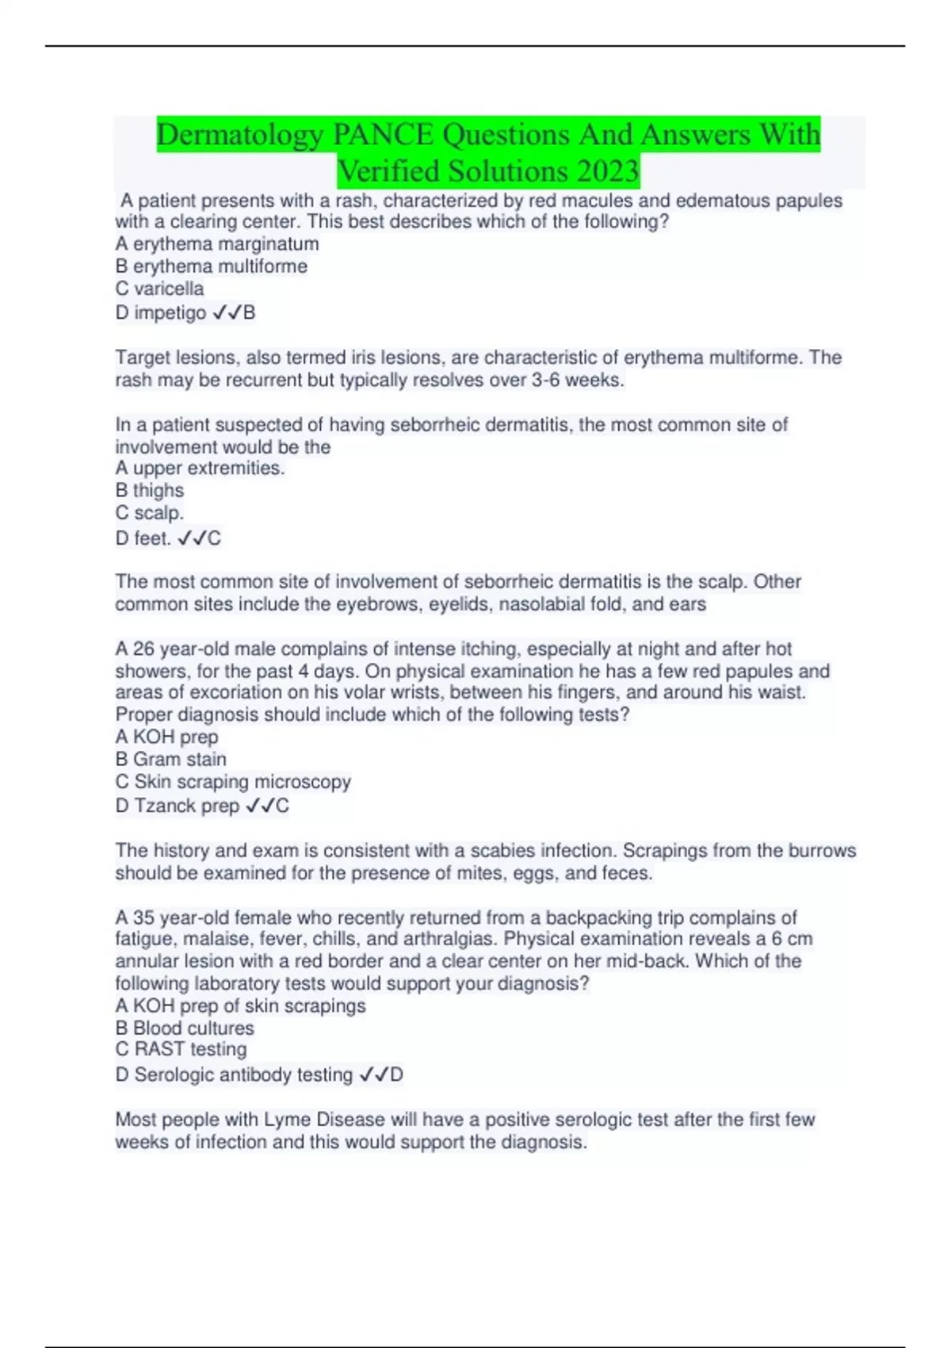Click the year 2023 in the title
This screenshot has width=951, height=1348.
[608, 171]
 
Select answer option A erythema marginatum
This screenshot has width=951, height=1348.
[217, 244]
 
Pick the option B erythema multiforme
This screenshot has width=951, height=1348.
[212, 266]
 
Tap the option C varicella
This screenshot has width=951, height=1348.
[159, 289]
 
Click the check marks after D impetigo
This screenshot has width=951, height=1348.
[227, 313]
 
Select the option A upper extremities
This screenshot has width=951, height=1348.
[200, 469]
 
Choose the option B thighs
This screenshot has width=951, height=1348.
[150, 491]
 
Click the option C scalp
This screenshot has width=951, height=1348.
[150, 513]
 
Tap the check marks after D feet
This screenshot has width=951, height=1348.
[192, 539]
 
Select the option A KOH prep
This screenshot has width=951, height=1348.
[166, 737]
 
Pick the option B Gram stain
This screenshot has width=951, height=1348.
[170, 760]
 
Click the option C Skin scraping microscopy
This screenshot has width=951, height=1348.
[233, 782]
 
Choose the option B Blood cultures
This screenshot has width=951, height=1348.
[185, 1028]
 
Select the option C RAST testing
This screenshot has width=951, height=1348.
[181, 1050]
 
